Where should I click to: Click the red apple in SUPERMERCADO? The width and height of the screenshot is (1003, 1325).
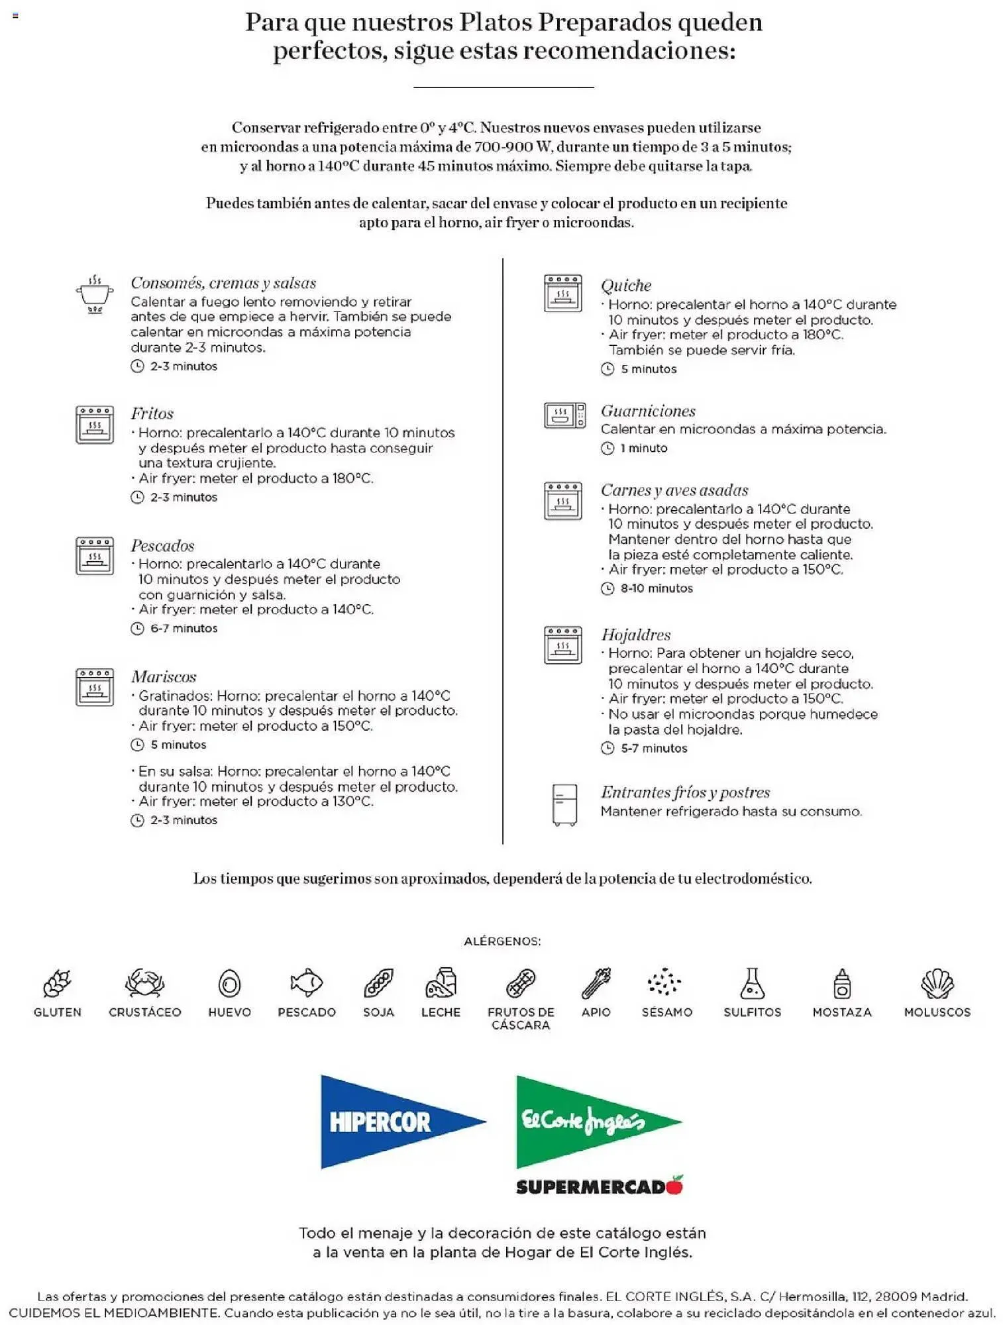(675, 1185)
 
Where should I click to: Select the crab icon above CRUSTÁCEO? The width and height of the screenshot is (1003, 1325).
(144, 982)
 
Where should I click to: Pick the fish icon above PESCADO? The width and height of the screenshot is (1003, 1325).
(306, 982)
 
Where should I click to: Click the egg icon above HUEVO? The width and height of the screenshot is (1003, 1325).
(229, 983)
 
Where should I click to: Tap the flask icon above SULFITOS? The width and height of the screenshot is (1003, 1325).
(752, 982)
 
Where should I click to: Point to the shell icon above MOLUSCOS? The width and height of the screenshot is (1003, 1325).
(937, 983)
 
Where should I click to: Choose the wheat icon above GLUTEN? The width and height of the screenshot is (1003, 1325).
(57, 982)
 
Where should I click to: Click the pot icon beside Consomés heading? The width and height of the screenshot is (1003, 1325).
(95, 294)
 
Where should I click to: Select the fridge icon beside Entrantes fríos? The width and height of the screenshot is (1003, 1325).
(564, 804)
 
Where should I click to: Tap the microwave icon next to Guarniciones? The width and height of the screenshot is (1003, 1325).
(564, 415)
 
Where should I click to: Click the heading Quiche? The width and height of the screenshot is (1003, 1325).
(626, 286)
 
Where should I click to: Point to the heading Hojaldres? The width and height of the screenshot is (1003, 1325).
(635, 635)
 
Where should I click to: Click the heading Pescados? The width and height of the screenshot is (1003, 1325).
(162, 546)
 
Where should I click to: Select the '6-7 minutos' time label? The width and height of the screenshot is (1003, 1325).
(184, 628)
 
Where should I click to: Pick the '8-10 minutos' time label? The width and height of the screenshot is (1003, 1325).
(656, 588)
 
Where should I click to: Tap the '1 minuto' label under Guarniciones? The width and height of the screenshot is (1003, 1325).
(643, 448)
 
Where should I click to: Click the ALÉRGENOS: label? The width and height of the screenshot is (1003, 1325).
(502, 941)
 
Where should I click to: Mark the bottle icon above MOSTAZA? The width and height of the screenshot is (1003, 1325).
(841, 983)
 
